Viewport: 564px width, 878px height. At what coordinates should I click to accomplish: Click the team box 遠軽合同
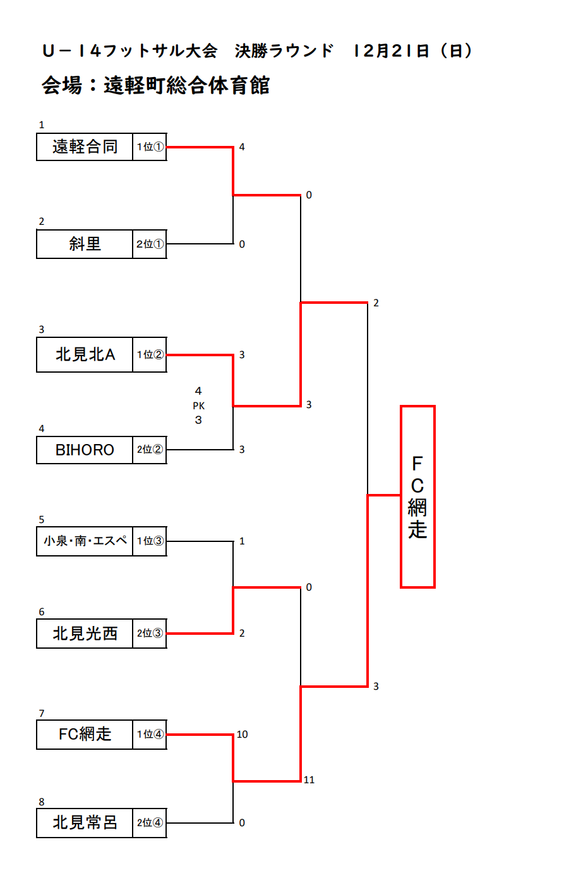pos(85,147)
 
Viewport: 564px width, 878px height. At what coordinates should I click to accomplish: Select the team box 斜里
pos(85,244)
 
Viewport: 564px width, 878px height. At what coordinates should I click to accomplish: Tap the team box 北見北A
pos(85,355)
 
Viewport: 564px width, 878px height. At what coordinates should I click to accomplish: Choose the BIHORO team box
pos(85,450)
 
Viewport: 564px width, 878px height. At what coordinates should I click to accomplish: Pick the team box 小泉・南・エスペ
pos(85,541)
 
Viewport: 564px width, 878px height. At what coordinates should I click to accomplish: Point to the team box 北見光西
pos(85,634)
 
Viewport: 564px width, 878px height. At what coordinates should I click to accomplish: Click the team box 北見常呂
pos(85,822)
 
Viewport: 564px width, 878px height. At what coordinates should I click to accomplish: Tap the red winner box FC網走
pos(417,496)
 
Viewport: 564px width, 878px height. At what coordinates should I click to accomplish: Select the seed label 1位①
pos(150,147)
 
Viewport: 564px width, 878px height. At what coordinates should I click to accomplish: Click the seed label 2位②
pos(150,450)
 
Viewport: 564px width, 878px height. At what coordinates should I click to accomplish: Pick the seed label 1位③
pos(150,541)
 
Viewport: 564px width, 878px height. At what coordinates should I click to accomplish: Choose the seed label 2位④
pos(150,822)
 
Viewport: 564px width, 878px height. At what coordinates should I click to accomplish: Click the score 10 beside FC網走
pos(242,734)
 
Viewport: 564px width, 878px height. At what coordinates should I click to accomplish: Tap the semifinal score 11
pos(309,780)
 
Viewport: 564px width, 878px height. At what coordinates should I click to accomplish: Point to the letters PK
pos(198,406)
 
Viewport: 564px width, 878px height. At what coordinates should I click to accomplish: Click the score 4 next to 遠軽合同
pos(242,147)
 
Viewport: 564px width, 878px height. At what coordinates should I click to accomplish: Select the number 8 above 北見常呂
pos(42,802)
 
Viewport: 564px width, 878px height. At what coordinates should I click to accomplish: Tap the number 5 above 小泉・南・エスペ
pos(42,520)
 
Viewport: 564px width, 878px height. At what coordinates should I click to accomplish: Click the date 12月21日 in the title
pos(392,51)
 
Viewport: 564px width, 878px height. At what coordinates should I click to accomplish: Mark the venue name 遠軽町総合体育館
pos(187,85)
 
